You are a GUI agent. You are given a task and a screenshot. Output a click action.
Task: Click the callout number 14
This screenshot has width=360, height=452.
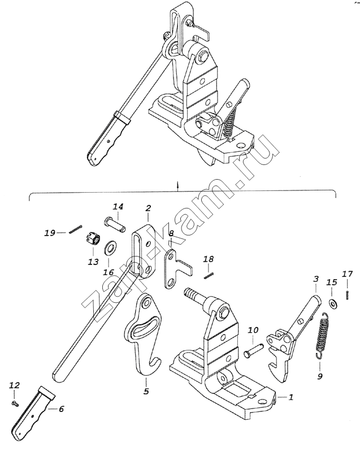tap(118, 207)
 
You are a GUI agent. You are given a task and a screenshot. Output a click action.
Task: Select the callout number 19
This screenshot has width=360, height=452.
tap(50, 233)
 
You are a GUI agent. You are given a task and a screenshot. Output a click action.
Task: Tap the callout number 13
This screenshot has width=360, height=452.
tap(93, 262)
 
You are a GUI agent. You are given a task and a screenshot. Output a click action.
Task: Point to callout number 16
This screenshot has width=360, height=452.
tap(109, 272)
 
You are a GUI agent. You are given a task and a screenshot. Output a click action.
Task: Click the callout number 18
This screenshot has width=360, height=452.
tap(209, 259)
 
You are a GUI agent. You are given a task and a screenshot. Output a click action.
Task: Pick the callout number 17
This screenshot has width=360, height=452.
tap(348, 273)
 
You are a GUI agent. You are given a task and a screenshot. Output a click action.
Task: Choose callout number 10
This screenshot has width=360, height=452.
tap(253, 330)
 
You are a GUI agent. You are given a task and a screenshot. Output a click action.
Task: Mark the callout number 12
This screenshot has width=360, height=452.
tap(15, 385)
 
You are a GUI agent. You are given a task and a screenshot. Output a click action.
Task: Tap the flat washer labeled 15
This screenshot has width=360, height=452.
tap(334, 303)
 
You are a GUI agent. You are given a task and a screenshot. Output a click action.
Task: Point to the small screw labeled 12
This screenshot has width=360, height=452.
tap(15, 403)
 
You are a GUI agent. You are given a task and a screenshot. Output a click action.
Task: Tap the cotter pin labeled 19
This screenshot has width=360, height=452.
tap(76, 229)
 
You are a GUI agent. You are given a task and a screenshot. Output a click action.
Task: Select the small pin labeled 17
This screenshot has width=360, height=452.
tap(348, 295)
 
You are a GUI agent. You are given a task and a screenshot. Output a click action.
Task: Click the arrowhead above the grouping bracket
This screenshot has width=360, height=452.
tap(178, 184)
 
